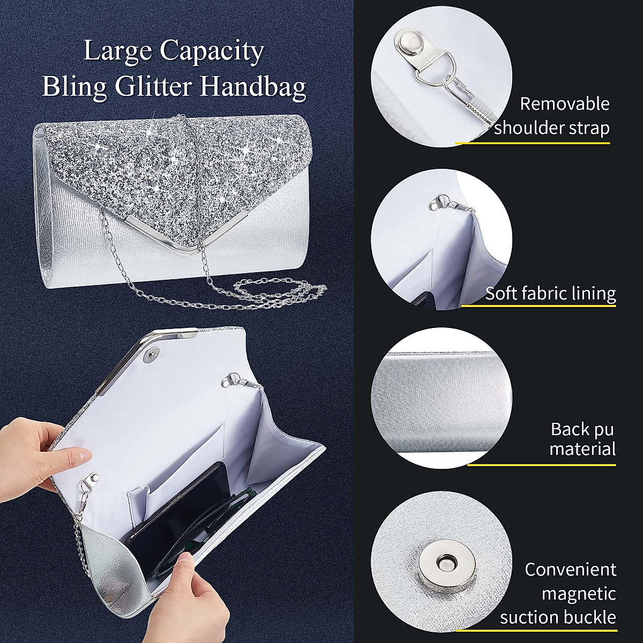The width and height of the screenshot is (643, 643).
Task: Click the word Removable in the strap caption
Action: pos(565,104)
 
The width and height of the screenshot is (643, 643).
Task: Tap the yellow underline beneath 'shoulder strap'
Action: pos(533,143)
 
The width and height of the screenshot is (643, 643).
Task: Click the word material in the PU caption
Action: pos(582,448)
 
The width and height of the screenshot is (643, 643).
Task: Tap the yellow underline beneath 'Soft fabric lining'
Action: pos(538,305)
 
